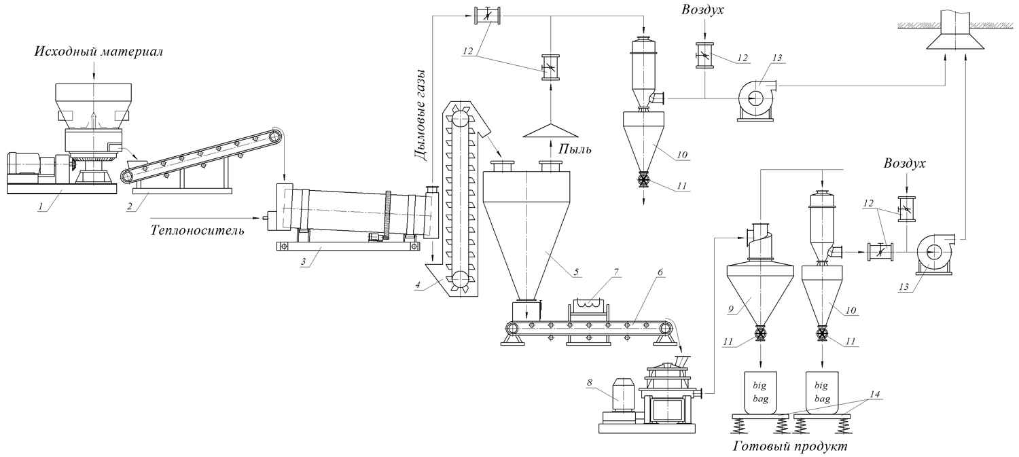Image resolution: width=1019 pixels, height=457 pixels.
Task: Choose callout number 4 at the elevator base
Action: pos(425,285)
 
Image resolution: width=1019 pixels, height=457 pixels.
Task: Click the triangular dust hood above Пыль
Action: pos(550,129)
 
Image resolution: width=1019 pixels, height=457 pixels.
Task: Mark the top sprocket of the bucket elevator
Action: pos(461,118)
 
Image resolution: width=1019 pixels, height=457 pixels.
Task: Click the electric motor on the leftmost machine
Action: pos(24,166)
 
